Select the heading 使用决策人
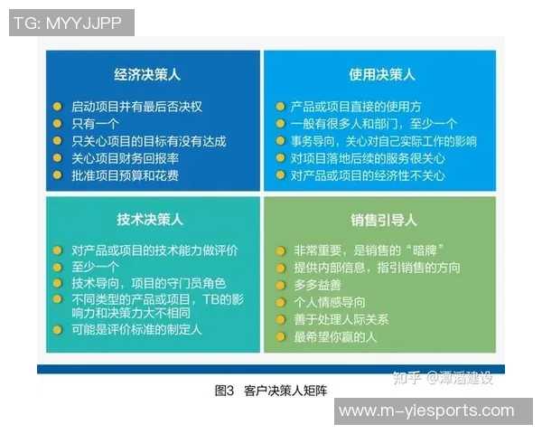(x=382, y=75)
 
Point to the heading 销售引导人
(x=383, y=219)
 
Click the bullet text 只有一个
(x=96, y=124)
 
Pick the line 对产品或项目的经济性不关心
(x=368, y=175)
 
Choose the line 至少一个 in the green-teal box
(x=96, y=267)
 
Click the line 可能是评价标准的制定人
(x=136, y=330)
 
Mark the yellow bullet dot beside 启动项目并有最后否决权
(x=58, y=106)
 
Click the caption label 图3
(x=225, y=391)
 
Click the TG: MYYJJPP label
(x=69, y=23)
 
